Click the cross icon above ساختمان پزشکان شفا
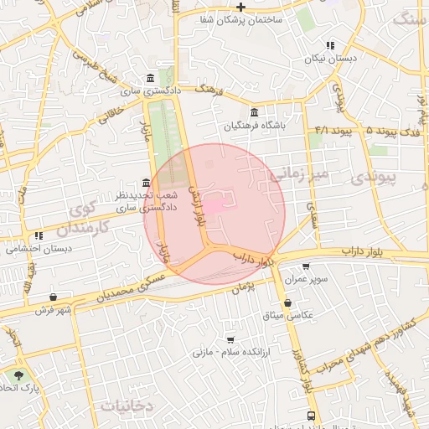click(240, 7)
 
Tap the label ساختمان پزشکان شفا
click(240, 19)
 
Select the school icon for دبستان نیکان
click(330, 46)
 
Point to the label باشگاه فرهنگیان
click(255, 127)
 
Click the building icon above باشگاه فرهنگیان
click(255, 113)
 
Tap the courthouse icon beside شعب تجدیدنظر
click(147, 183)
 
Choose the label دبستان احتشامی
click(39, 249)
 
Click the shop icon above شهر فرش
click(54, 297)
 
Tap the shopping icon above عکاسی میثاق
click(288, 302)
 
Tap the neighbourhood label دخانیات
click(127, 406)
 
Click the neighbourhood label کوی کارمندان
click(87, 217)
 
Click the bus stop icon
click(312, 416)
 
